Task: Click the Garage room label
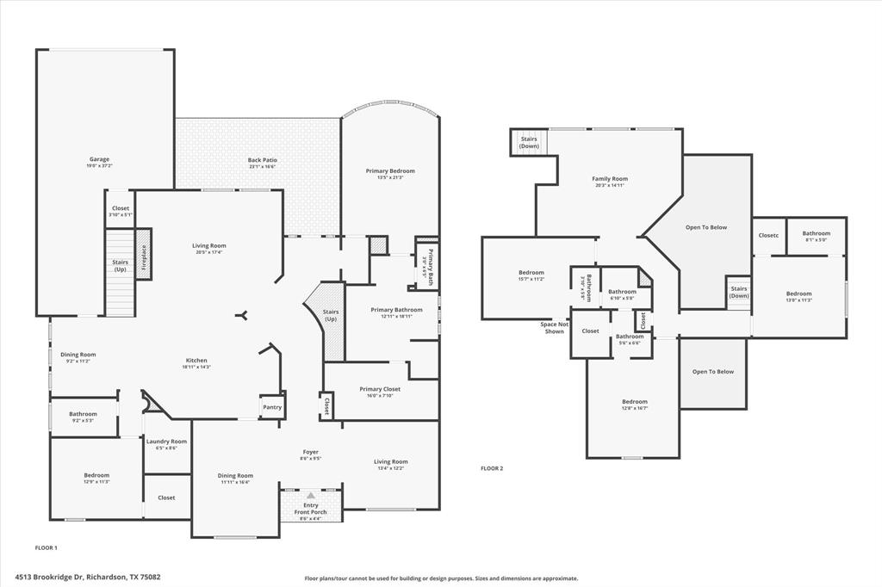click(x=99, y=159)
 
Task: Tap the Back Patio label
click(x=262, y=160)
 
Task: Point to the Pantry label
click(x=271, y=407)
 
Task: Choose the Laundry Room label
click(x=166, y=442)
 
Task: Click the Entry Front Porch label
click(x=311, y=509)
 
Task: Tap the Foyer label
click(x=311, y=452)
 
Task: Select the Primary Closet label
click(x=380, y=389)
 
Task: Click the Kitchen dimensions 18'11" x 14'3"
click(x=196, y=368)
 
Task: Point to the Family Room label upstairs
click(x=610, y=179)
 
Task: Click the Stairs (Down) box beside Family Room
click(x=529, y=142)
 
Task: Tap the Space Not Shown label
click(x=554, y=328)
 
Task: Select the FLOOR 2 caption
click(x=492, y=468)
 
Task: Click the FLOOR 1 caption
click(x=46, y=547)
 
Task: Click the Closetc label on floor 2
click(x=768, y=235)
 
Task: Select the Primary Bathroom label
click(x=396, y=310)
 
